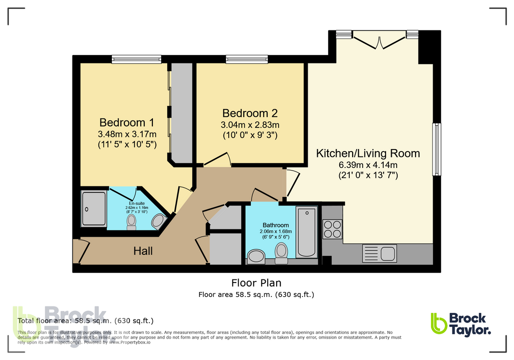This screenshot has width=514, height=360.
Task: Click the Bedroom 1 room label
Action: pos(126,122)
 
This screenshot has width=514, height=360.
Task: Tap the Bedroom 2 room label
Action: pos(250,113)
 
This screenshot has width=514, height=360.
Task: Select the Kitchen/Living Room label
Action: pos(368,153)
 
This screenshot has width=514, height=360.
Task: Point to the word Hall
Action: pos(143,251)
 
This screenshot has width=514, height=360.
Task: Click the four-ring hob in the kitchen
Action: pos(332,229)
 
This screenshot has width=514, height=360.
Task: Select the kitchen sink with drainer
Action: pos(379,253)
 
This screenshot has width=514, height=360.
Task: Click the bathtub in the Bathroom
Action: pos(306,231)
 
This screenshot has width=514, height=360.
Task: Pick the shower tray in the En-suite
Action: pos(94,209)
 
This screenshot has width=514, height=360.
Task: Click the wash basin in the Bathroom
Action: pos(257,256)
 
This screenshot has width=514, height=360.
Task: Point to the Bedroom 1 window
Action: pos(136,59)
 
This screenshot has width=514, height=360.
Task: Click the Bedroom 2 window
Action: pos(250,59)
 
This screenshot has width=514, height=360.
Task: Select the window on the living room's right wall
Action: pos(437,149)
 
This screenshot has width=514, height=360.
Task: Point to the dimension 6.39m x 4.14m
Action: pos(368,164)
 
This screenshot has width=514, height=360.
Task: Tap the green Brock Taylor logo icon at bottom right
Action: pos(439,323)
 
